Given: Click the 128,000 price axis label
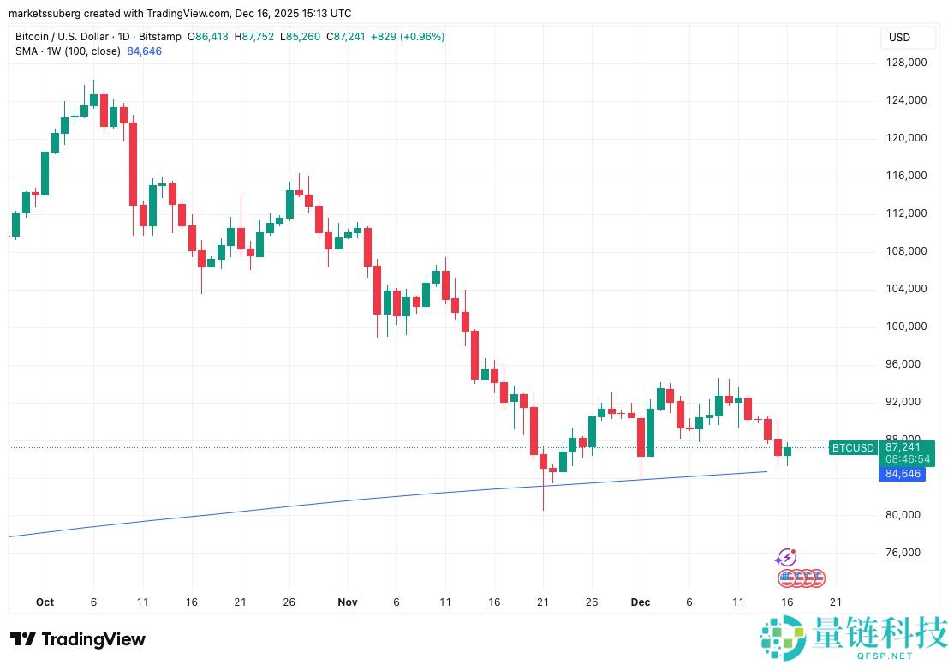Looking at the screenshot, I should click(x=906, y=63).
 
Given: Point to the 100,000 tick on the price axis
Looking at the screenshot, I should click(x=906, y=327).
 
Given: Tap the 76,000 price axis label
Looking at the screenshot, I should click(x=906, y=553).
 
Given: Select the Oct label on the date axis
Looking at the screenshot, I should click(x=45, y=602).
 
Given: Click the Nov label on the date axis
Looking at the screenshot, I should click(x=347, y=602).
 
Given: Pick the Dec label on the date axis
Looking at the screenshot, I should click(x=641, y=602).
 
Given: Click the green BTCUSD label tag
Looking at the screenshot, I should click(x=853, y=447).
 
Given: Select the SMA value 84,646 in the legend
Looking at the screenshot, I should click(x=144, y=51).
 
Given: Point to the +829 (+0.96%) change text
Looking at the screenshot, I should click(x=408, y=37).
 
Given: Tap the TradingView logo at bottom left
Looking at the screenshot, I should click(x=77, y=639).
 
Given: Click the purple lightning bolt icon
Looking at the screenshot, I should click(x=786, y=558).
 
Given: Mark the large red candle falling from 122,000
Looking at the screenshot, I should click(x=133, y=163).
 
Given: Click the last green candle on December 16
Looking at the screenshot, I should click(x=788, y=452).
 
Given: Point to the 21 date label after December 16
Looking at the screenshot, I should click(x=835, y=602).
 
